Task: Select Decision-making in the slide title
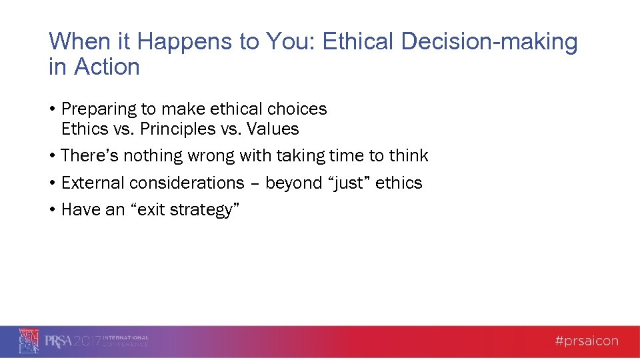point(490,42)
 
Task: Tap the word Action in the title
point(107,67)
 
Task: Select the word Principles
point(177,129)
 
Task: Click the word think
point(409,156)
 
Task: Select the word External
point(93,183)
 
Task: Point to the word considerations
point(187,183)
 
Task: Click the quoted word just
point(343,183)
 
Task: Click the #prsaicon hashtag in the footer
point(587,341)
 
